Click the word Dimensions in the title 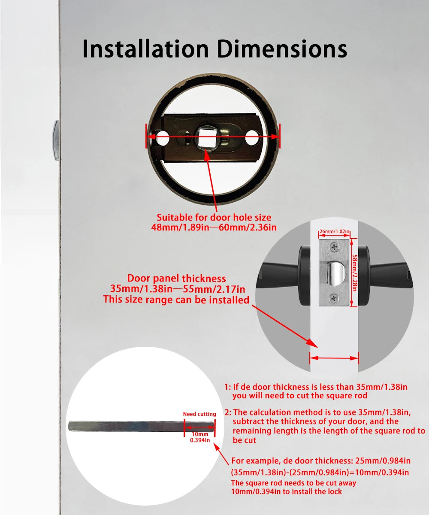(x=281, y=48)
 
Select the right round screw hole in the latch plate (x=252, y=139)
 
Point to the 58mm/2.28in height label (x=355, y=272)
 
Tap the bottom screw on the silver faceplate (x=333, y=297)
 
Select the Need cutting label (x=199, y=414)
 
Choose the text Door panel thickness (x=176, y=279)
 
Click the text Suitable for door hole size (x=214, y=218)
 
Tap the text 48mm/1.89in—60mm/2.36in (x=214, y=227)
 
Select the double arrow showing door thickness (x=334, y=357)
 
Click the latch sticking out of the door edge (x=56, y=140)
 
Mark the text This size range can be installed (x=176, y=300)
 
